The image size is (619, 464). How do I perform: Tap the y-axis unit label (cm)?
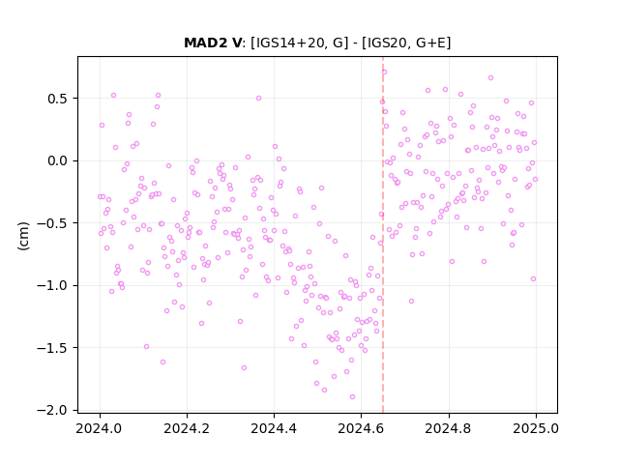pyautogui.click(x=23, y=236)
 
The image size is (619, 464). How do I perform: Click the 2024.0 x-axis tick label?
pyautogui.click(x=100, y=428)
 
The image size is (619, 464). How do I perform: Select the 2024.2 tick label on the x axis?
pyautogui.click(x=187, y=428)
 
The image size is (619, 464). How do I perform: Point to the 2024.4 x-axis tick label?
pyautogui.click(x=274, y=428)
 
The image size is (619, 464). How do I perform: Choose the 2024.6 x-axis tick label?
pyautogui.click(x=361, y=428)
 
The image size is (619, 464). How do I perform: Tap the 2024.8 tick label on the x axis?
pyautogui.click(x=449, y=428)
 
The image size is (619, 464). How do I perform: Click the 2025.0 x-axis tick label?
pyautogui.click(x=536, y=428)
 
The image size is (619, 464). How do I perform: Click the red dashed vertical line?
pyautogui.click(x=383, y=235)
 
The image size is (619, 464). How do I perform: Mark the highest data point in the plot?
pyautogui.click(x=384, y=72)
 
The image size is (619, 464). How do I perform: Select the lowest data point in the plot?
pyautogui.click(x=352, y=396)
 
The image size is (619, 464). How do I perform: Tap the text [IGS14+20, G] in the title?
pyautogui.click(x=300, y=43)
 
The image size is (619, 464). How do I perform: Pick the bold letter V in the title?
pyautogui.click(x=236, y=43)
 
